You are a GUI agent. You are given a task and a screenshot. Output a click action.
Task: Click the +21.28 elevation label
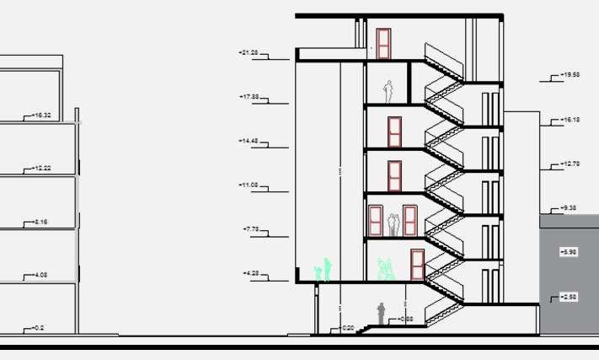pos(249,53)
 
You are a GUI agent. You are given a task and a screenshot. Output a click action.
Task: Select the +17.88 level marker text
pos(249,97)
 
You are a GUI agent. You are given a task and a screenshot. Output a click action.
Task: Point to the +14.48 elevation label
pos(249,141)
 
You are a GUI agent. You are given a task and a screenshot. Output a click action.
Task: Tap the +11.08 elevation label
pos(249,185)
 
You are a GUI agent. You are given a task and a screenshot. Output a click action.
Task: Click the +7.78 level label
pos(250,229)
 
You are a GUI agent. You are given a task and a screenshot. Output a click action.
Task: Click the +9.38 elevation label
pos(570,207)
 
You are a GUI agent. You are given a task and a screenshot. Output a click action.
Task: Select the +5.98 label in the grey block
pos(569,252)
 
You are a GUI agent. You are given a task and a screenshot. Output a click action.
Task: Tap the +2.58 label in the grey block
pos(569,297)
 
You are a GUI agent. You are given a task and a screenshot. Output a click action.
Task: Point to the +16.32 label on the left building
pos(42,116)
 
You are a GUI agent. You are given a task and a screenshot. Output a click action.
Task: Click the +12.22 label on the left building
pos(42,169)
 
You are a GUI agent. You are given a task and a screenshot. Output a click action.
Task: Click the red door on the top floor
pos(384,44)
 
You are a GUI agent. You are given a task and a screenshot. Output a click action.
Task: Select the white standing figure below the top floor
pos(388,90)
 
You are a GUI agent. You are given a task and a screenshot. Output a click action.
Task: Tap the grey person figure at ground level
pos(381,313)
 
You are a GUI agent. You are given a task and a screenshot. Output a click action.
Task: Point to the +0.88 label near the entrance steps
pos(405,320)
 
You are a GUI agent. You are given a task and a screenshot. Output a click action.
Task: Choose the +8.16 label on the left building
pos(40,222)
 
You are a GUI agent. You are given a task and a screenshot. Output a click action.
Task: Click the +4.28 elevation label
pos(250,273)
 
